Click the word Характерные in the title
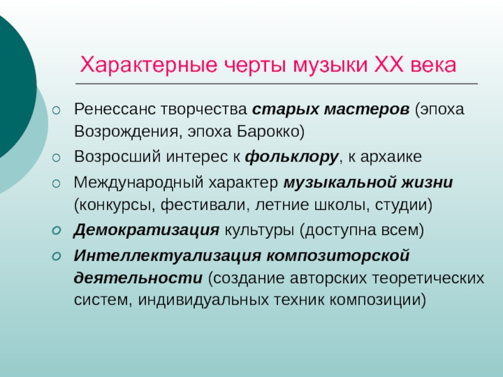click(148, 65)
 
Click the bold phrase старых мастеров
click(331, 109)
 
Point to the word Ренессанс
click(114, 109)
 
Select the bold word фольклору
click(292, 157)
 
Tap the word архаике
click(391, 157)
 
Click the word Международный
click(138, 183)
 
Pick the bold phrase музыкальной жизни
click(368, 183)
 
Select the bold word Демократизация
click(146, 230)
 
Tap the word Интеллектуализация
click(167, 256)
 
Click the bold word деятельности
click(138, 278)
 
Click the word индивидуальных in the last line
click(203, 300)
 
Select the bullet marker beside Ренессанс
click(56, 111)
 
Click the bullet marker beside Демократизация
click(56, 231)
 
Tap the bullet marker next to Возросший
click(56, 158)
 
